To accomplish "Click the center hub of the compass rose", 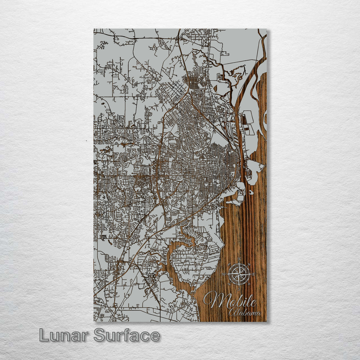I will [239, 274].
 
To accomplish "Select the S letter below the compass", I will [239, 289].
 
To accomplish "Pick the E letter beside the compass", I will [254, 274].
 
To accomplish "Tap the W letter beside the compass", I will [224, 274].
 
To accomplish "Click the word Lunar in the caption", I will [63, 335].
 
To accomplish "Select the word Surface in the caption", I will [127, 335].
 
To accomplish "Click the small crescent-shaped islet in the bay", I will [251, 192].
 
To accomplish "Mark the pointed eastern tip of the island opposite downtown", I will [264, 166].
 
